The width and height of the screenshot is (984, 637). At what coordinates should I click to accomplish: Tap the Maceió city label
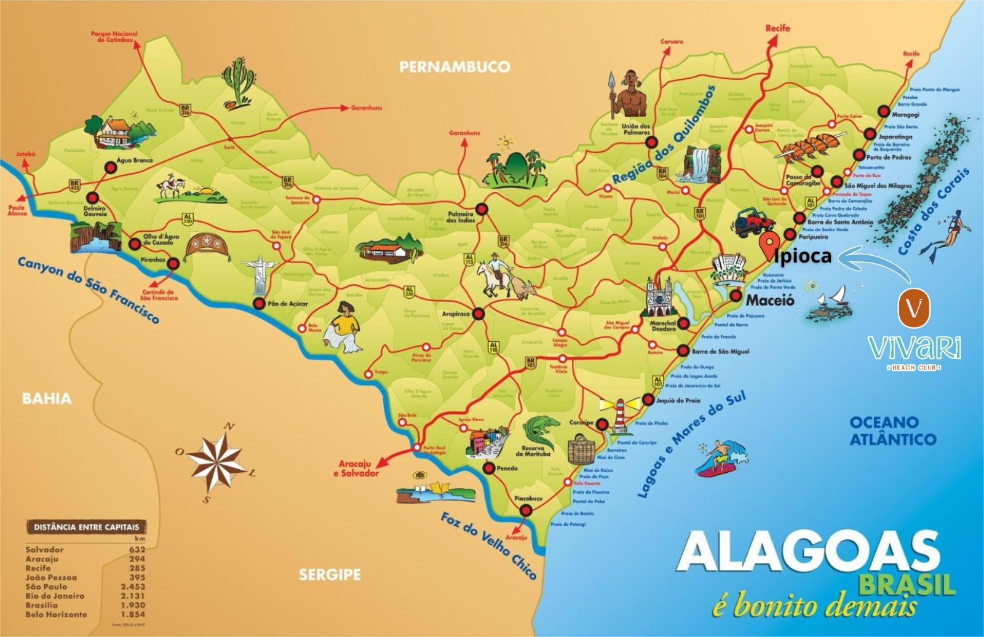[769, 301]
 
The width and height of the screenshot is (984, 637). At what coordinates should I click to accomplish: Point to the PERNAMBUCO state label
[454, 66]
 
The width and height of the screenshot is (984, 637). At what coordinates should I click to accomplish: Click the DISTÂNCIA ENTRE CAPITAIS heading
[86, 527]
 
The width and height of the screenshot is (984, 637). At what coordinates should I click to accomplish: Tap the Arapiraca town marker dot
[479, 314]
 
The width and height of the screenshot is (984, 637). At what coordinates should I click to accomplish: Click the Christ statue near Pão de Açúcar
[258, 274]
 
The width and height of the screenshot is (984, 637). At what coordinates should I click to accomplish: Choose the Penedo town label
[507, 469]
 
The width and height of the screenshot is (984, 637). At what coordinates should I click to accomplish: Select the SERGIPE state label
[330, 575]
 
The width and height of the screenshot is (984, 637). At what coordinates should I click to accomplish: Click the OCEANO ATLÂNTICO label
[892, 430]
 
